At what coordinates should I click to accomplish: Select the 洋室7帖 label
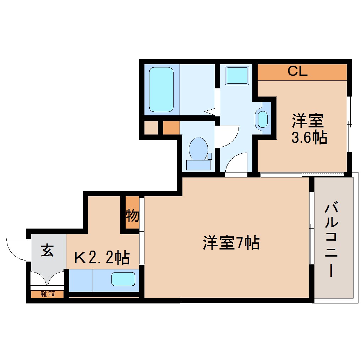pos(231,243)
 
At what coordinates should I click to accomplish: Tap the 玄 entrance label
pos(48,250)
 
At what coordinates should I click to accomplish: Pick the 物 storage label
pos(132,215)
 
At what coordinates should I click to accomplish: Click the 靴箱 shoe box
pos(48,294)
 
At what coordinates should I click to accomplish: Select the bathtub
pos(161,90)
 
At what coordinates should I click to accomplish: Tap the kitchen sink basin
pos(123,279)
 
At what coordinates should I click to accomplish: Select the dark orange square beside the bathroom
pos(171,128)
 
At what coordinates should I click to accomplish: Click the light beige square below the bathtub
pos(151,128)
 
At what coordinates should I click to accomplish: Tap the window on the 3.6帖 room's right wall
pos(349,124)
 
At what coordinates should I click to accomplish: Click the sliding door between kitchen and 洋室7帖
pos(141,231)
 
